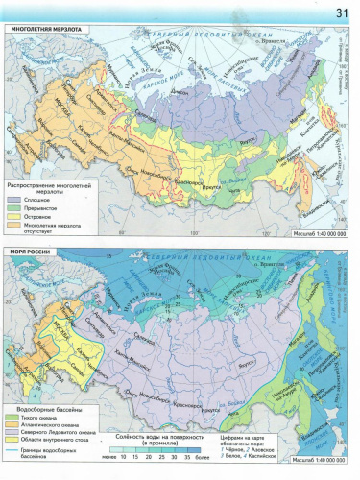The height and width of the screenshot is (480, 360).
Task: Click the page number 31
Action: (341, 12)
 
